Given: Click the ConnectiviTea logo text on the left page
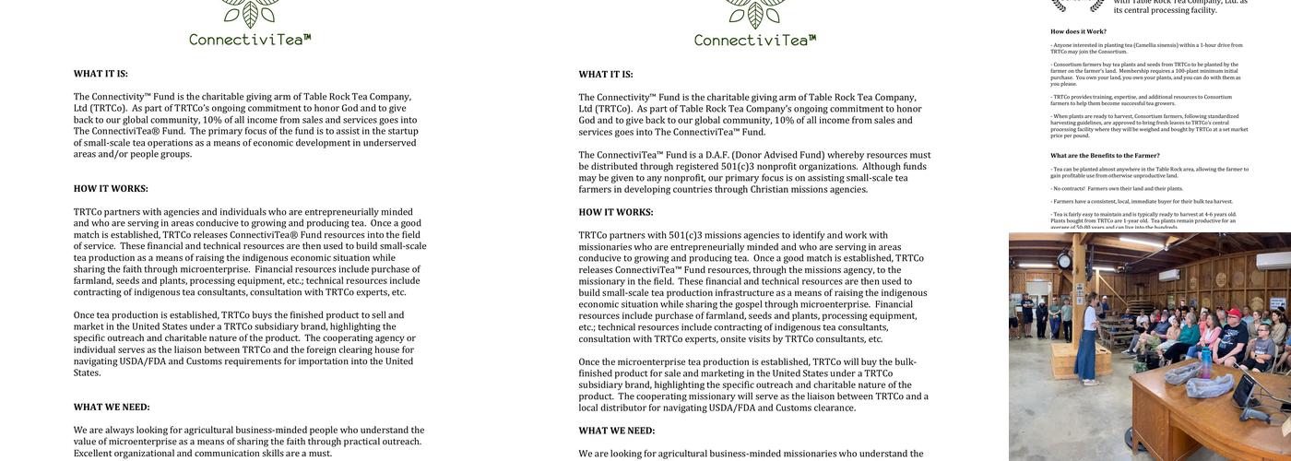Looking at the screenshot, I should [x=250, y=40].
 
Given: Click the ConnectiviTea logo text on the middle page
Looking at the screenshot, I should [x=755, y=40].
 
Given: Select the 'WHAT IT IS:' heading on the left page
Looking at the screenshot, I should [x=101, y=74].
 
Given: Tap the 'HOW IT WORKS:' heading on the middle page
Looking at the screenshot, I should [x=616, y=212].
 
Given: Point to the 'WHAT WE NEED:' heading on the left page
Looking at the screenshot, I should [x=112, y=407].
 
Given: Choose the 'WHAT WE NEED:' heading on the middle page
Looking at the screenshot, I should [x=617, y=431].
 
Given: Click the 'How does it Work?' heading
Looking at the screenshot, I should [x=1078, y=31].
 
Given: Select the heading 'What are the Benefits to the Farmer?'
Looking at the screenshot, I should [x=1105, y=156].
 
